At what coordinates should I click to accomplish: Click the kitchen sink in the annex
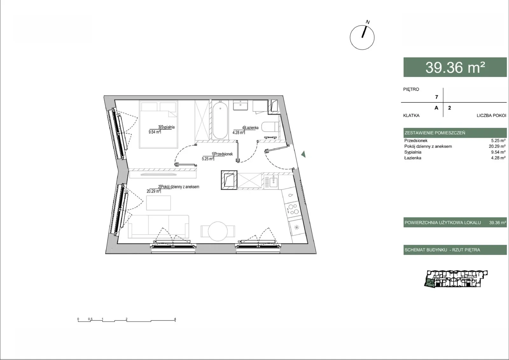pos(274,181)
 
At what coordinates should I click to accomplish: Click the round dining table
pos(218,231)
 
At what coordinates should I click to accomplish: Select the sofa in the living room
pos(158,227)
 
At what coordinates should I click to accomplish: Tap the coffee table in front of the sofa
pos(158,203)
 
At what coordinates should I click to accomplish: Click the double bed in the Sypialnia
pos(158,124)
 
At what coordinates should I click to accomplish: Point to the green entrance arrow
pos(303,154)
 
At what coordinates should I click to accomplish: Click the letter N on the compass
pos(368,22)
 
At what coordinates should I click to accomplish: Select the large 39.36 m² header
pos(455,67)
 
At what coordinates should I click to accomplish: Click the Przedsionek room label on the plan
pos(223,154)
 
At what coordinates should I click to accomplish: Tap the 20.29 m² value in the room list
pos(497,146)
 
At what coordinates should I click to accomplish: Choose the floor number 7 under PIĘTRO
pos(436,97)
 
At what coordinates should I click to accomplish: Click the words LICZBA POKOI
pos(491,116)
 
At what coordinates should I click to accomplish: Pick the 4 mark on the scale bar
pos(175,319)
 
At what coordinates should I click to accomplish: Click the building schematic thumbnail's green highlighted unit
pos(429,283)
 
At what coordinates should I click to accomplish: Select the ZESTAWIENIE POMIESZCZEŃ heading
pos(435,133)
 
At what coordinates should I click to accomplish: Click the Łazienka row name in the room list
pos(413,158)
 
